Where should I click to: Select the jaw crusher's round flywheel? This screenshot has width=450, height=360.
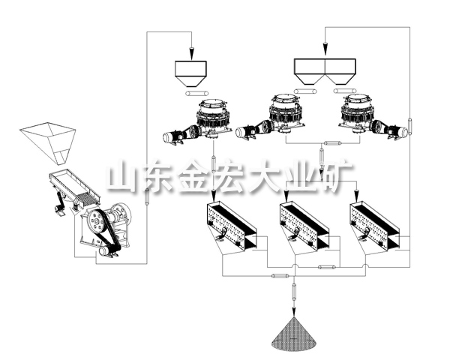point(96,222)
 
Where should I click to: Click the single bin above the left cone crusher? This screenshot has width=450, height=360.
point(191,70)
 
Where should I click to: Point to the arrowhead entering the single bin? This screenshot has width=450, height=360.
point(191,53)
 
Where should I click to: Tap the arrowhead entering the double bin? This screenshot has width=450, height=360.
point(325,52)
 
